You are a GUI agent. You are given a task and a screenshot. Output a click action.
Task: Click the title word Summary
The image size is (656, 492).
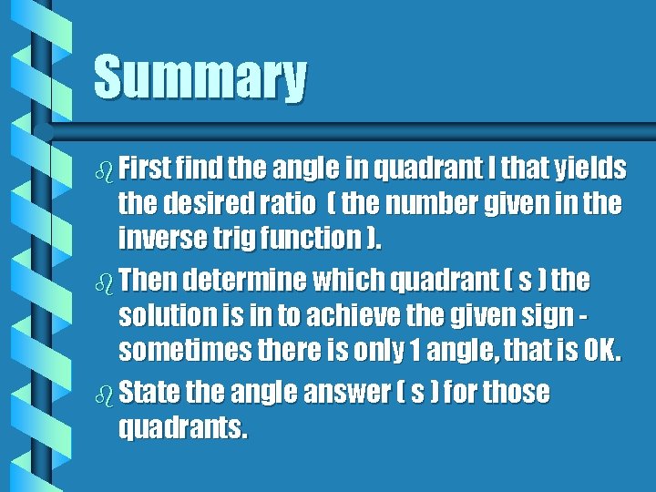pyautogui.click(x=200, y=77)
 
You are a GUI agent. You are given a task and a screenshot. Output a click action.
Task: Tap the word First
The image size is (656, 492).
pyautogui.click(x=149, y=169)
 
